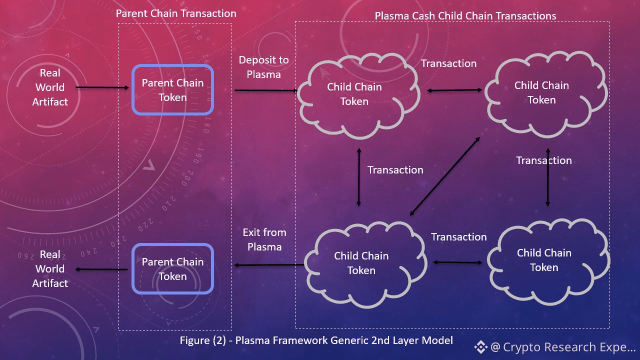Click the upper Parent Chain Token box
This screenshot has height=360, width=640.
click(172, 90)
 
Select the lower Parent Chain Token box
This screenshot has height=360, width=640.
click(172, 268)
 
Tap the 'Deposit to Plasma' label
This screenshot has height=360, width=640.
click(263, 67)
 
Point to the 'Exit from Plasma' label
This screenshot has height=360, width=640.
click(264, 239)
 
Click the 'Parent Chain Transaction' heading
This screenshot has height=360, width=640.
click(176, 13)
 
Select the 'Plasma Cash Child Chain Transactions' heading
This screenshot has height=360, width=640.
click(465, 16)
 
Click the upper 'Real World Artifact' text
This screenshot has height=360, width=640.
click(50, 87)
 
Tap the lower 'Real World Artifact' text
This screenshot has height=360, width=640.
click(50, 269)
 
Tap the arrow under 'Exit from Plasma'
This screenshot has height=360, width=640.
click(269, 265)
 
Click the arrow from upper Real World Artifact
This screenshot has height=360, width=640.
click(102, 88)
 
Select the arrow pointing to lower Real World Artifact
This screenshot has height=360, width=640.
click(102, 270)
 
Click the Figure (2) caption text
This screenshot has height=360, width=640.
click(316, 340)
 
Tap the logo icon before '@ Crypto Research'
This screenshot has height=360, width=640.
click(480, 347)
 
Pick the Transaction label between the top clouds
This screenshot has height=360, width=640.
click(448, 63)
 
